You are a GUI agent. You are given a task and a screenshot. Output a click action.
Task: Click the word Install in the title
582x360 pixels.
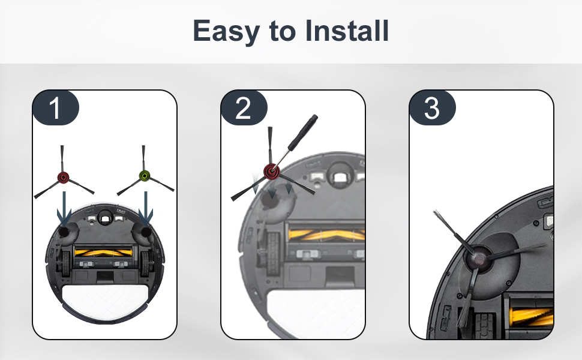[x=347, y=31]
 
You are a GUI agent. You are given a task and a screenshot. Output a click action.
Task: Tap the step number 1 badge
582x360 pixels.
[x=55, y=108]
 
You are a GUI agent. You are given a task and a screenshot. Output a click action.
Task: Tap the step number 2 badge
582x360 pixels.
[x=244, y=108]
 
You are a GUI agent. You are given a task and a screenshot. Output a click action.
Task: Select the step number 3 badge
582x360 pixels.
[x=432, y=108]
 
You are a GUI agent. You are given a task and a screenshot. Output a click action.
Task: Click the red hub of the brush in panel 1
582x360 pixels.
[x=63, y=178]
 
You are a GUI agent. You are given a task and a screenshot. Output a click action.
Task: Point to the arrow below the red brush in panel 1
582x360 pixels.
[x=64, y=209]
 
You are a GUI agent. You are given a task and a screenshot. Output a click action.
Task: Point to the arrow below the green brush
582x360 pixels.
[x=145, y=209]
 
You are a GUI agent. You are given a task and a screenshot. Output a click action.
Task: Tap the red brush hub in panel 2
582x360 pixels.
[x=272, y=172]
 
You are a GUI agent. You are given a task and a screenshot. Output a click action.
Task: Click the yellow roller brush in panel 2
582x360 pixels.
[x=326, y=235]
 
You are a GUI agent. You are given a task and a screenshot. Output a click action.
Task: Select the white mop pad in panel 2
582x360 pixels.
[x=316, y=314]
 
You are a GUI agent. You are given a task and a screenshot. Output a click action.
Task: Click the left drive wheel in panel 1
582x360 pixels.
[x=65, y=263]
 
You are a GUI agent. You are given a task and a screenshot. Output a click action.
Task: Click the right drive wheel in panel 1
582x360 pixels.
[x=144, y=263]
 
